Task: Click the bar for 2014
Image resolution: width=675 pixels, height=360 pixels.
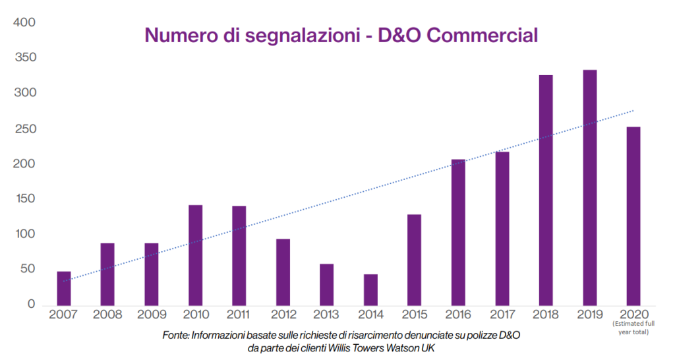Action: [x=370, y=289]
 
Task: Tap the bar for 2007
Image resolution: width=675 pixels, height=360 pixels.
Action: [x=64, y=287]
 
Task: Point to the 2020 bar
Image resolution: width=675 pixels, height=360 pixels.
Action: [x=633, y=215]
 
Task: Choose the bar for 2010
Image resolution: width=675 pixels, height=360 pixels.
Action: [x=195, y=255]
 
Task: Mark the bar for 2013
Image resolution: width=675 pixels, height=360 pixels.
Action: [x=326, y=284]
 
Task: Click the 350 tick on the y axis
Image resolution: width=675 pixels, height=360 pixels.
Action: [x=24, y=58]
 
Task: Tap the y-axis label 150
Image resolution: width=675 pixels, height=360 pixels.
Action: [x=24, y=198]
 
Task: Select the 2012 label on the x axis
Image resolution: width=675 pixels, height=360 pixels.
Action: [x=283, y=315]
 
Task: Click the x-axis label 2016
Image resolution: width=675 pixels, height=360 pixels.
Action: [x=458, y=315]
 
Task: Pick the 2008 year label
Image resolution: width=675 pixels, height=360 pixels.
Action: [x=107, y=315]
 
